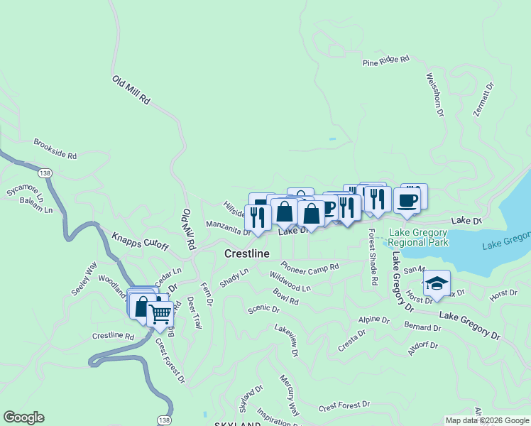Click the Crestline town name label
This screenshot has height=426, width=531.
pyautogui.click(x=247, y=253)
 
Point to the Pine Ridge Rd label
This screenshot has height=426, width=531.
pyautogui.click(x=386, y=62)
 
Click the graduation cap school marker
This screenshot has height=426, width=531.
pyautogui.click(x=437, y=283)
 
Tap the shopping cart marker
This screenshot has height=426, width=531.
pyautogui.click(x=160, y=312)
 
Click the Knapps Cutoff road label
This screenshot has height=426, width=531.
pyautogui.click(x=141, y=241)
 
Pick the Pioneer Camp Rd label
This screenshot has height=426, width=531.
pyautogui.click(x=310, y=267)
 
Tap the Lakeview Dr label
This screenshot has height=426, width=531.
pyautogui.click(x=287, y=340)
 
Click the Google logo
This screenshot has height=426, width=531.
pyautogui.click(x=23, y=417)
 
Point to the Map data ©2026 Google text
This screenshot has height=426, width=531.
pyautogui.click(x=487, y=420)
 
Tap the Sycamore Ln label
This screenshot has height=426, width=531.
pyautogui.click(x=26, y=194)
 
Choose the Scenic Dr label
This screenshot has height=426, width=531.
pyautogui.click(x=263, y=310)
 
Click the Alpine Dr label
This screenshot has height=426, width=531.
pyautogui.click(x=373, y=320)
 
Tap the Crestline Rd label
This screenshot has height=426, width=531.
pyautogui.click(x=113, y=335)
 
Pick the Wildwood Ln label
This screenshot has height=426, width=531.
pyautogui.click(x=290, y=281)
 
